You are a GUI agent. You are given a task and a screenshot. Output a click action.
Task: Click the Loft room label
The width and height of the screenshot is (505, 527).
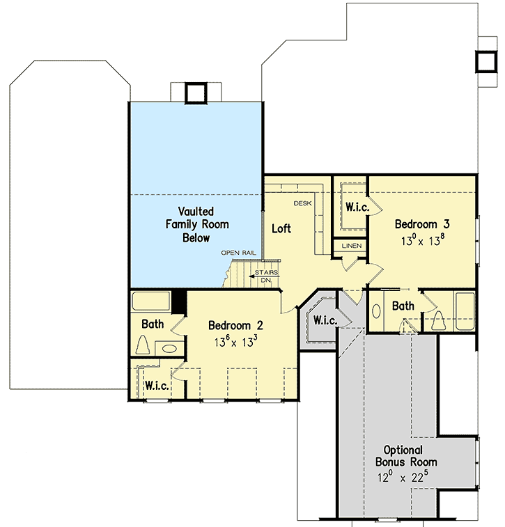pos(281,228)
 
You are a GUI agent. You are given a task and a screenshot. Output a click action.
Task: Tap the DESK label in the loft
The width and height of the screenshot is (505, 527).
pos(302,203)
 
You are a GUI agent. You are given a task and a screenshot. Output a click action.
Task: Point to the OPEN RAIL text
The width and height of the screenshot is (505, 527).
pos(239,253)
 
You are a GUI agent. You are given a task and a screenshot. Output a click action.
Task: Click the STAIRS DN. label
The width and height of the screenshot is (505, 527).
pos(266,276)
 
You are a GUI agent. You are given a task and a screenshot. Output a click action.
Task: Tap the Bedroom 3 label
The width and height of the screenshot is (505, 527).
pos(422,224)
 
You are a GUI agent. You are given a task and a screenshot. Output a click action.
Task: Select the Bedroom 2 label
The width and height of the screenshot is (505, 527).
pos(236,325)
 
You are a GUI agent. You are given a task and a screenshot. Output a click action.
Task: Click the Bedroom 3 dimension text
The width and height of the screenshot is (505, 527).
pos(422,241)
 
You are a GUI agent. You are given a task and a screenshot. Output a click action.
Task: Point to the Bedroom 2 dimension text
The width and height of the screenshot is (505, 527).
pos(236,341)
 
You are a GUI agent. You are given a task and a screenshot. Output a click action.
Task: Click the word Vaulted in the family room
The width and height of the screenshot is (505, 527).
pos(196,210)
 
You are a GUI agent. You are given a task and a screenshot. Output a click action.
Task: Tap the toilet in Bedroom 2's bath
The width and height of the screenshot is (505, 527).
pos(143,346)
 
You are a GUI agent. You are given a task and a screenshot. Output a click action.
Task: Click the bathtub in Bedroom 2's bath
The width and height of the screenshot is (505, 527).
pos(150,301)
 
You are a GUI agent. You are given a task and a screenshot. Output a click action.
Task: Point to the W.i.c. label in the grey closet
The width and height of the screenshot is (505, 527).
pos(325,321)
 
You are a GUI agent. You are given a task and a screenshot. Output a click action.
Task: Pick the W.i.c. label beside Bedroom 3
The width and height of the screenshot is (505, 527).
pos(357,207)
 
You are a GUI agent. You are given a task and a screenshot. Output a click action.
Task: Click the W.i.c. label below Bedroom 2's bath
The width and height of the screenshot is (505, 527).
pos(155,385)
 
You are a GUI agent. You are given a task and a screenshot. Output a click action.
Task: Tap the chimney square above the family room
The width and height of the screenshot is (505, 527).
pos(196,93)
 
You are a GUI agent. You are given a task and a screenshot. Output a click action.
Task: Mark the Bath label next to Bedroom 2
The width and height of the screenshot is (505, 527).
pos(153,324)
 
